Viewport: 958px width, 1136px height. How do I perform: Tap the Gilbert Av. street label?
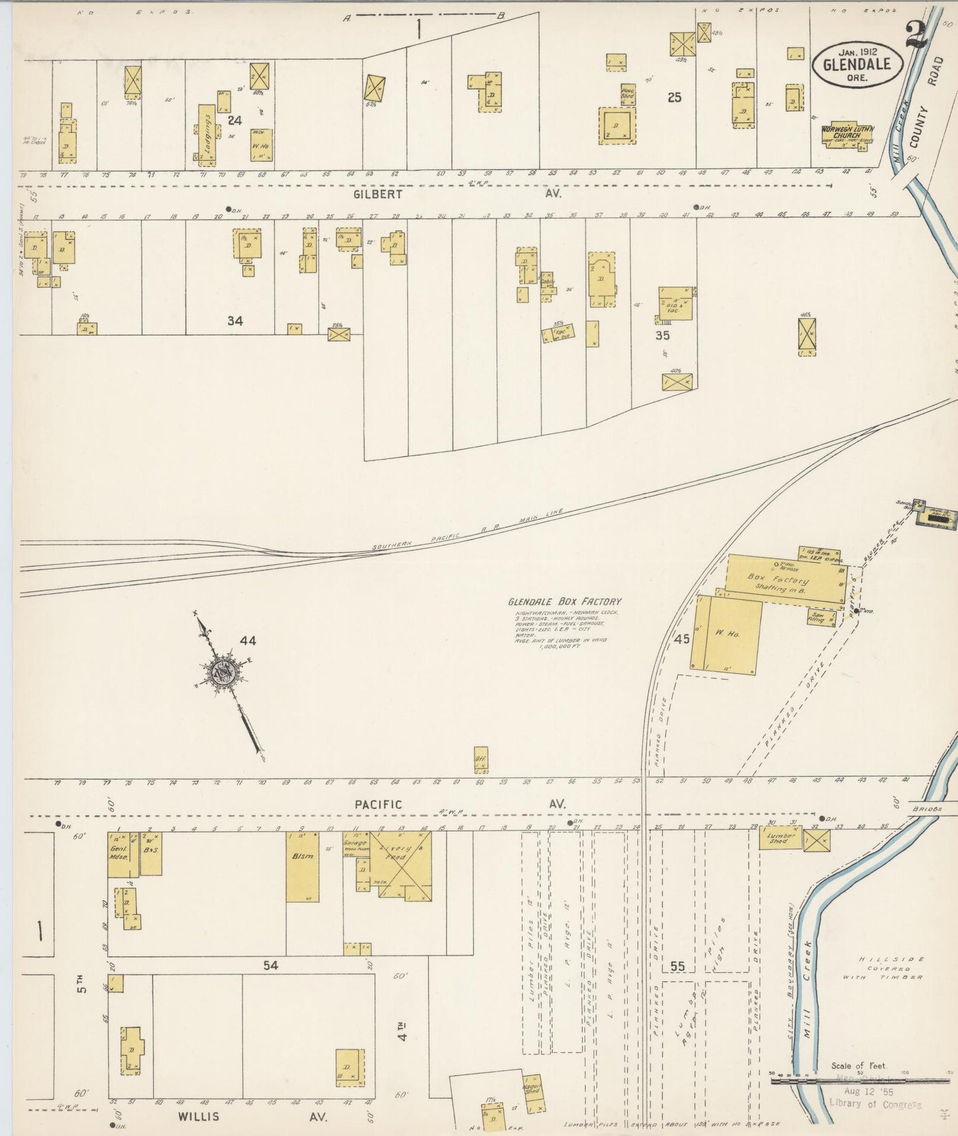(457, 194)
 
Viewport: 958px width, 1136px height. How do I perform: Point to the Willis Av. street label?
(252, 1116)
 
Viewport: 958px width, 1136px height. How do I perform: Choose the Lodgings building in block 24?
(206, 132)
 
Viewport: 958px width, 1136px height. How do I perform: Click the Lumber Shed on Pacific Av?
(780, 838)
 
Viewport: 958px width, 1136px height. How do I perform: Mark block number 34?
(235, 321)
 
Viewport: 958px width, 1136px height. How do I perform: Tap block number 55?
(677, 966)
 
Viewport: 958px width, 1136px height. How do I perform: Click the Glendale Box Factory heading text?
(565, 602)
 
